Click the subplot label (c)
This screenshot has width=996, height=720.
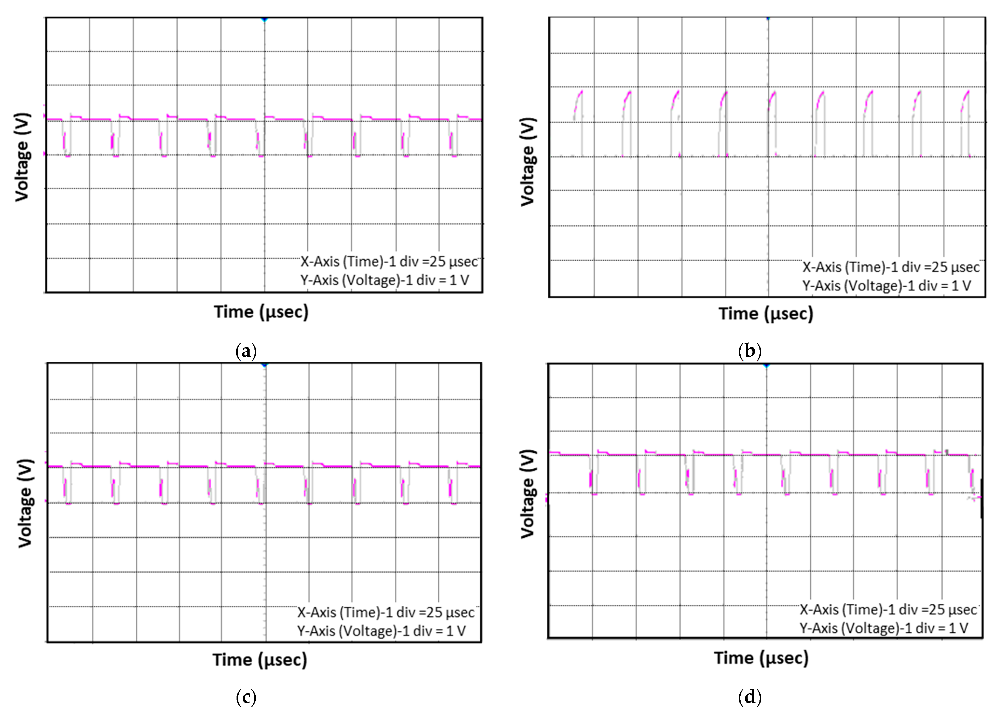point(246,697)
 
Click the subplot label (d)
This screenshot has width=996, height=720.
point(750,697)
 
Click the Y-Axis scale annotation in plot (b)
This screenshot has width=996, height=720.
point(887,286)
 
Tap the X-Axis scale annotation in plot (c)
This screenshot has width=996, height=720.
point(386,612)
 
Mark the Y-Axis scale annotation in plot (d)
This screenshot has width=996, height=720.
point(884,628)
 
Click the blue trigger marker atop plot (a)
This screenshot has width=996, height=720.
point(264,19)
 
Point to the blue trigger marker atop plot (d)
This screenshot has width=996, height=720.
point(767,365)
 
